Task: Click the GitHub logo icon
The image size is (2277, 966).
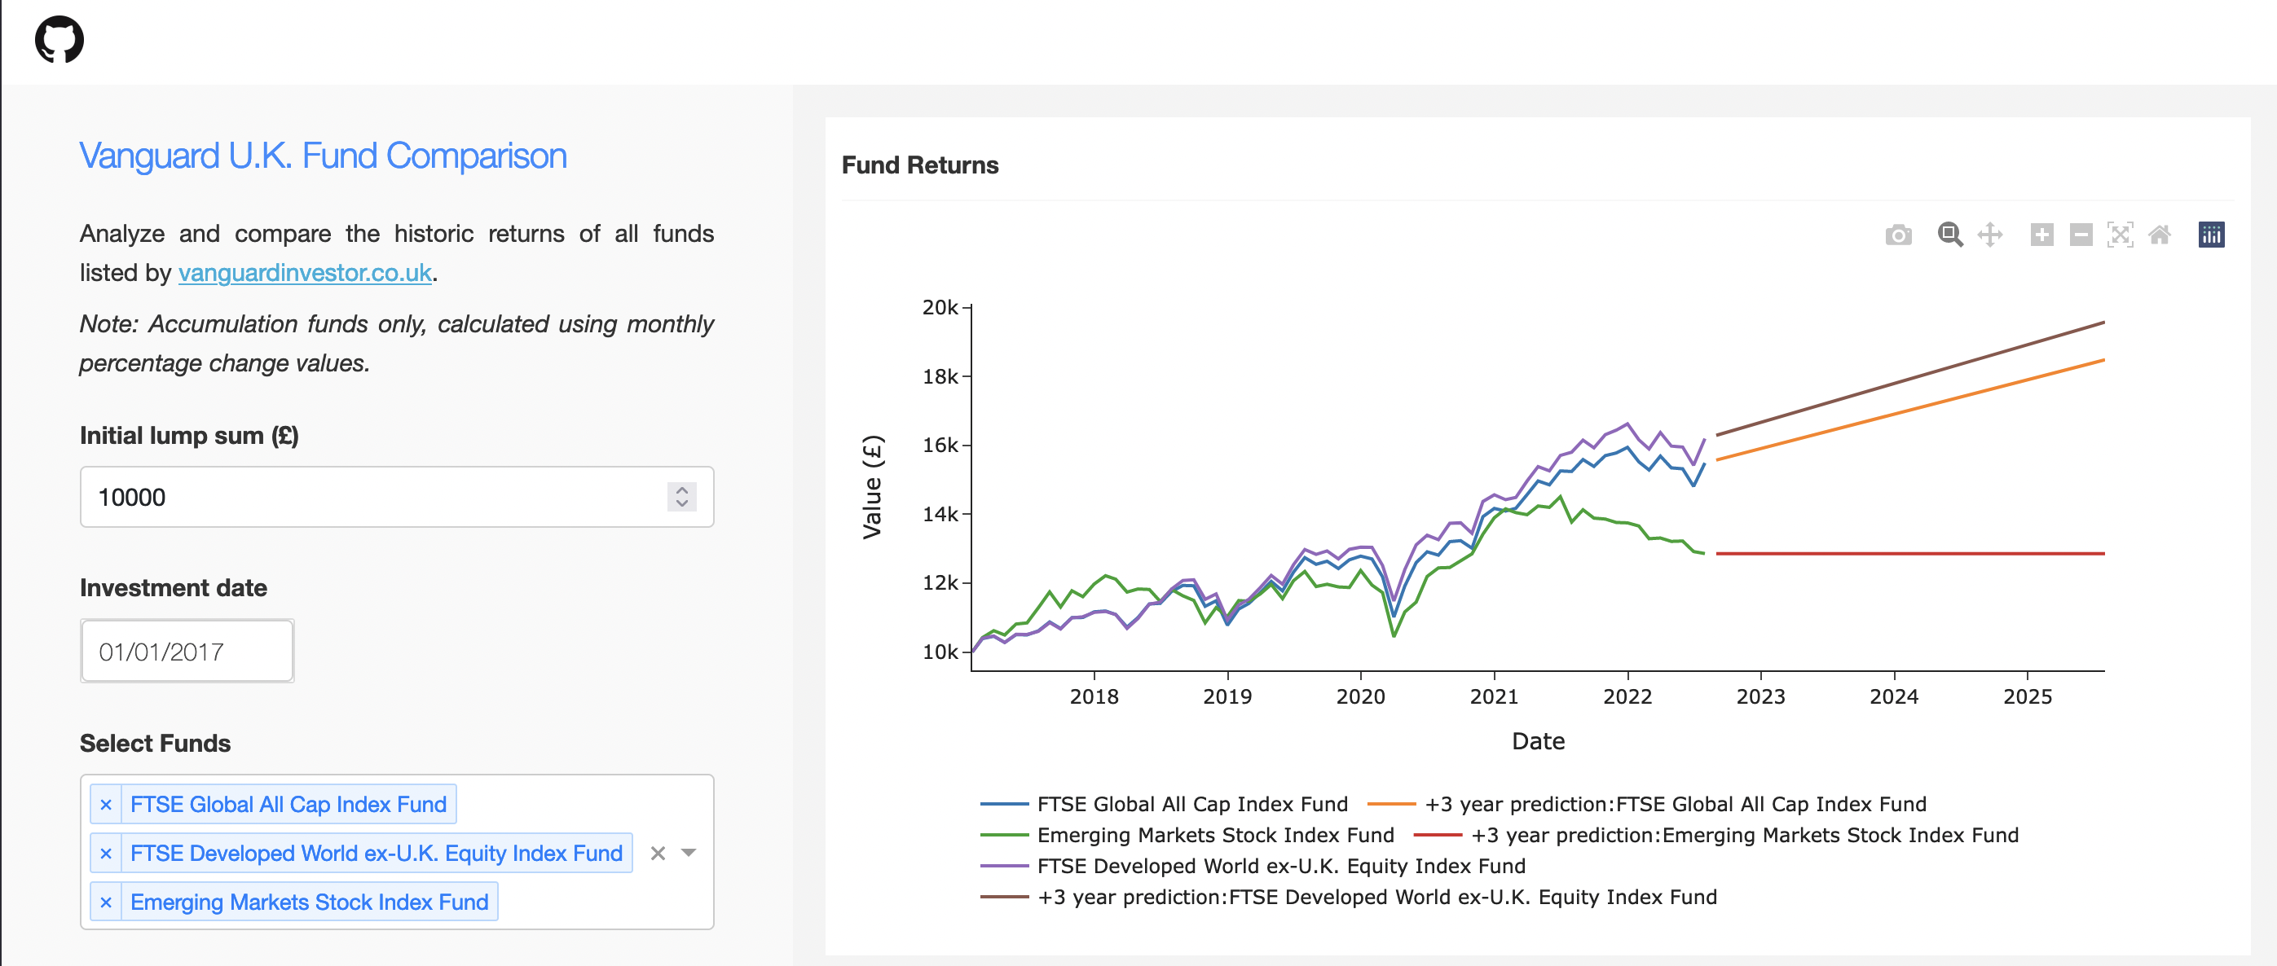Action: pos(59,40)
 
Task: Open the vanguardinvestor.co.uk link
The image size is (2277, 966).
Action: pos(305,272)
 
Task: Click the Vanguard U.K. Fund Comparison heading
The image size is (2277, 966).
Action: pos(323,156)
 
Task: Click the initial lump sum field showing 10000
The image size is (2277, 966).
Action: pos(372,497)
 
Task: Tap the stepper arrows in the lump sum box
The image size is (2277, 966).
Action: pos(681,497)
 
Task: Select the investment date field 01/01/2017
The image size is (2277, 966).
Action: pos(187,652)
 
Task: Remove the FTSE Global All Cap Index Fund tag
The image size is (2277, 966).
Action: pos(106,804)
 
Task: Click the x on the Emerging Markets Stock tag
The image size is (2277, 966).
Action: pos(106,902)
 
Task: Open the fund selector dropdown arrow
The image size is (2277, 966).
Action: pos(689,853)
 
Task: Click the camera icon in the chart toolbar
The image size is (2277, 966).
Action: pos(1898,235)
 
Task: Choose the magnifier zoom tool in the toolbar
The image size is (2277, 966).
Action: pos(1950,235)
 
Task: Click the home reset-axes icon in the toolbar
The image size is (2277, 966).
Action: pos(2160,235)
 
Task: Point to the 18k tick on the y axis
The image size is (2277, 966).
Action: pos(940,376)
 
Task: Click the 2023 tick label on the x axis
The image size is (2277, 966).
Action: pos(1759,696)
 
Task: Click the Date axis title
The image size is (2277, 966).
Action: pos(1537,740)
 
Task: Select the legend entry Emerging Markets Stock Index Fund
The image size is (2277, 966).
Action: pos(1214,835)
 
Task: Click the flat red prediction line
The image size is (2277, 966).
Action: pos(1909,553)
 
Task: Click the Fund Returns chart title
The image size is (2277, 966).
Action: pos(919,165)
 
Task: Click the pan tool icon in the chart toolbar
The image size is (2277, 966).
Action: pos(1989,235)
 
